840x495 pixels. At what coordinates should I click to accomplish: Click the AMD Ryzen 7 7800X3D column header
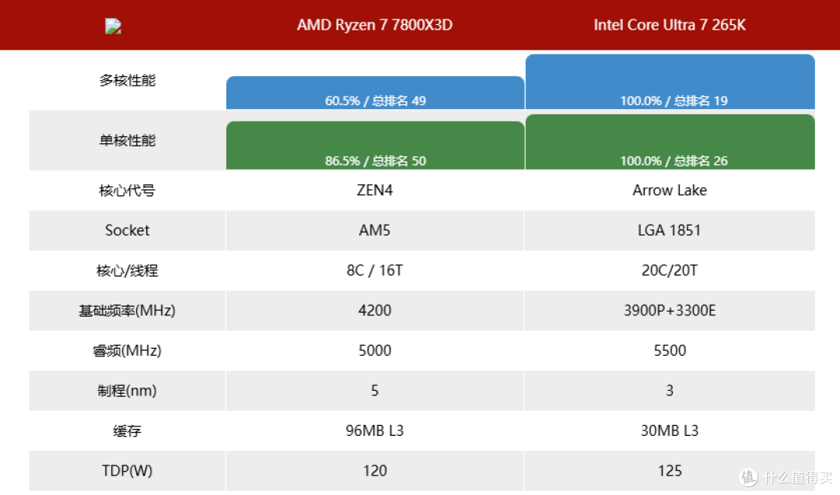click(x=374, y=25)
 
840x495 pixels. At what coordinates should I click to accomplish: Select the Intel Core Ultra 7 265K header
click(x=670, y=25)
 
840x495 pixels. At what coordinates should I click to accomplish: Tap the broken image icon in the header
click(x=113, y=26)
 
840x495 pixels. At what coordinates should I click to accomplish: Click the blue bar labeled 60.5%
click(x=375, y=93)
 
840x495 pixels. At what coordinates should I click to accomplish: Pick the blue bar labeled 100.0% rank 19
click(x=670, y=82)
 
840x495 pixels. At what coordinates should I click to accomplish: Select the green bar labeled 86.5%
click(x=375, y=146)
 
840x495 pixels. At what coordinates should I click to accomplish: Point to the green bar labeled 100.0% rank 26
click(x=670, y=142)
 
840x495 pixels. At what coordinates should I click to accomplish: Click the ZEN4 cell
click(x=374, y=191)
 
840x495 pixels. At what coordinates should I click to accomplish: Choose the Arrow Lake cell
click(x=670, y=191)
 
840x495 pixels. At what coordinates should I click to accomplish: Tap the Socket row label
click(x=127, y=230)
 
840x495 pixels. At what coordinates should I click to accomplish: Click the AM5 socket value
click(x=374, y=230)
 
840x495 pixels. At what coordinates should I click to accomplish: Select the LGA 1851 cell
click(x=670, y=230)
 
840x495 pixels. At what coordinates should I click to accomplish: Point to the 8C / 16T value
click(x=374, y=270)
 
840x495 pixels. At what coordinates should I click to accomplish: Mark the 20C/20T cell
click(x=670, y=270)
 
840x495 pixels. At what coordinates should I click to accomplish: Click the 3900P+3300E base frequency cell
click(x=670, y=311)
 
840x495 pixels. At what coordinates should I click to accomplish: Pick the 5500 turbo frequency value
click(x=670, y=351)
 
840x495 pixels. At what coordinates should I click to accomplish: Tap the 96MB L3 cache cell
click(x=374, y=430)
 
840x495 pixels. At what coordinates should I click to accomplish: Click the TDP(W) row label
click(x=127, y=471)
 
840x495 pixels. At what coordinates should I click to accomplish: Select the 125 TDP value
click(x=670, y=471)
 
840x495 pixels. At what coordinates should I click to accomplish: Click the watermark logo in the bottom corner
click(x=748, y=477)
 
